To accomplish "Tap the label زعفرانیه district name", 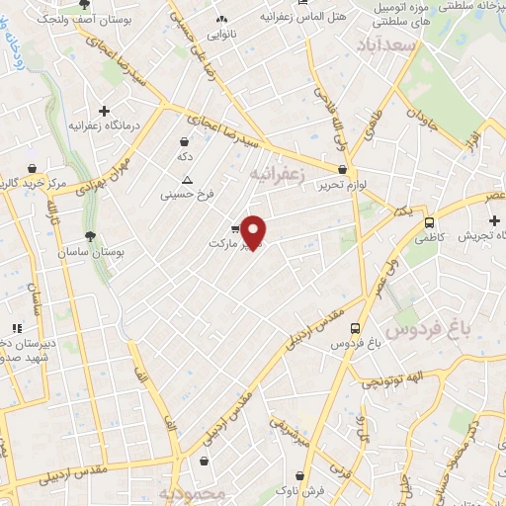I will coord(280,175).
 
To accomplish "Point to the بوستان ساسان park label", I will coord(125,253).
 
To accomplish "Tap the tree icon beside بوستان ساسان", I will coord(91,236).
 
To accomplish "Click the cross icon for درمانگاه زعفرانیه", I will coord(104,110).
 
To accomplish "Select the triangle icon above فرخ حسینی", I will coord(187,179).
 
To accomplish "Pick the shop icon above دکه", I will coord(185,142).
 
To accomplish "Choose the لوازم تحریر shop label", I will coord(341,186).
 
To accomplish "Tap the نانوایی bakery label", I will coord(220,34).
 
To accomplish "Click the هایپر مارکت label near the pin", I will coord(229,242).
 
